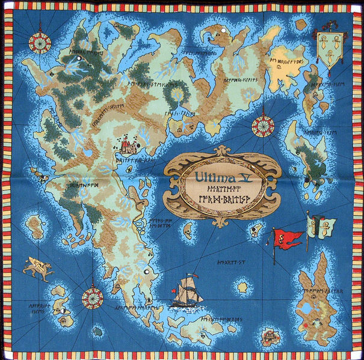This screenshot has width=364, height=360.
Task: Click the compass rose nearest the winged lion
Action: [92, 296]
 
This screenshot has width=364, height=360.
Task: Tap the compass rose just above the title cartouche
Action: [262, 126]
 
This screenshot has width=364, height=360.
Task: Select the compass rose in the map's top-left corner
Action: [41, 42]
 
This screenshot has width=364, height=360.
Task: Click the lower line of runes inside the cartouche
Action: [215, 203]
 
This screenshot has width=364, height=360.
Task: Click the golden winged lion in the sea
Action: [37, 268]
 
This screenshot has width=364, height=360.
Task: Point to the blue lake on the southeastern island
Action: [307, 310]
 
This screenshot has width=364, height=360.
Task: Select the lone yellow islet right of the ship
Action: [242, 288]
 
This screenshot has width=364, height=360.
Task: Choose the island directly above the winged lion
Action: [35, 227]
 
